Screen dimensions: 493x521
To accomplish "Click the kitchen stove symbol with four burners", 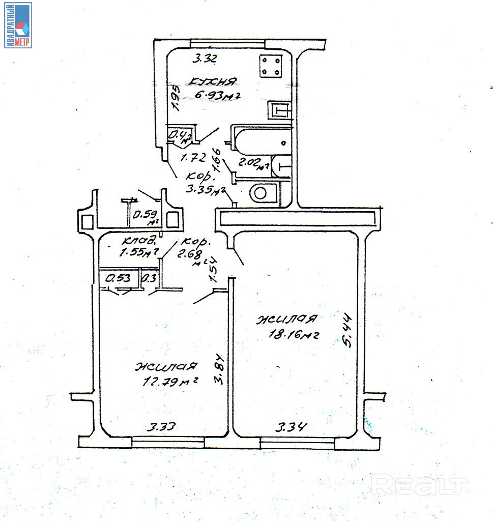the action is point(271,66).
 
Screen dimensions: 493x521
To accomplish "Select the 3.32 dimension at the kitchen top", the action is point(205,59).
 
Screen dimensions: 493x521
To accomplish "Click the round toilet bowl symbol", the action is point(261,192).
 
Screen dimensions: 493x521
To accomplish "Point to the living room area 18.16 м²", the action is point(293,334).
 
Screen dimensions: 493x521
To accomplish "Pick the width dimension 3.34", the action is point(292,427).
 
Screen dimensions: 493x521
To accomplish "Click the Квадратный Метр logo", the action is point(18,25).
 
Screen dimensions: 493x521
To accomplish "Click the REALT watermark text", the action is point(419,484).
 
